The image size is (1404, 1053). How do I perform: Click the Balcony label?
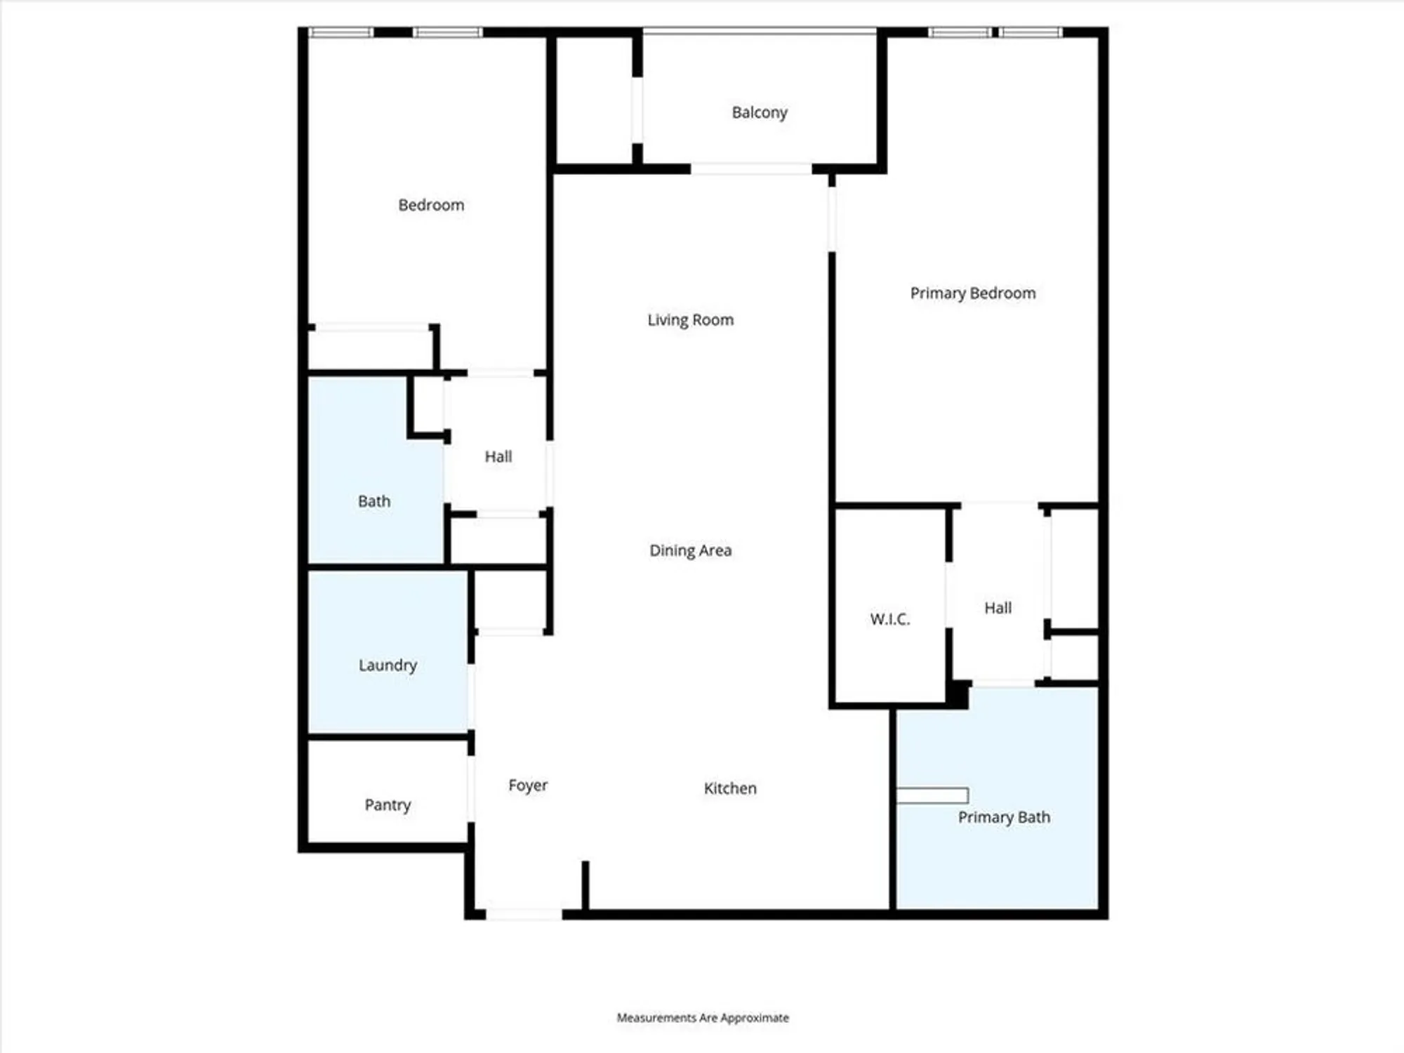click(x=760, y=112)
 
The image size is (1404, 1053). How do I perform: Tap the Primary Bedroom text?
click(x=972, y=293)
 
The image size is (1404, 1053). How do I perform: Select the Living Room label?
click(x=690, y=320)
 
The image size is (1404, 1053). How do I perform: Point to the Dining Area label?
click(x=690, y=550)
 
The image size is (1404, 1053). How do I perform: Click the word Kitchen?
click(x=730, y=788)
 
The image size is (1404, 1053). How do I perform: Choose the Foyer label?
click(x=528, y=785)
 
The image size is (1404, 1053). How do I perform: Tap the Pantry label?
click(x=388, y=804)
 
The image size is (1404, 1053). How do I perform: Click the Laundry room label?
click(x=388, y=665)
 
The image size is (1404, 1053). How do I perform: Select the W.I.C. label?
click(x=889, y=619)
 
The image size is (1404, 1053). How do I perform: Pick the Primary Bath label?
click(x=1004, y=817)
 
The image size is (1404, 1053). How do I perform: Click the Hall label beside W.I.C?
click(x=998, y=608)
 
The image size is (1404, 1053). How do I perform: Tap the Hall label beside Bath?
click(x=498, y=457)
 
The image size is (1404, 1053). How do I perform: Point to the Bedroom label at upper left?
click(x=431, y=205)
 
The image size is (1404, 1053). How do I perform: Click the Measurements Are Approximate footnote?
click(x=703, y=1018)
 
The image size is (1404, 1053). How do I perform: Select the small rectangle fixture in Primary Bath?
click(x=932, y=795)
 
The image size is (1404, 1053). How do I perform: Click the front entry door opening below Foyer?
click(x=524, y=914)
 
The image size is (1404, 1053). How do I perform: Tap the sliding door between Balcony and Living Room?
click(x=751, y=169)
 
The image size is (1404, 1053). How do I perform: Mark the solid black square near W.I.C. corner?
click(x=958, y=695)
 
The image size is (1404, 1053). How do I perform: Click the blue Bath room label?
click(x=374, y=501)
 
